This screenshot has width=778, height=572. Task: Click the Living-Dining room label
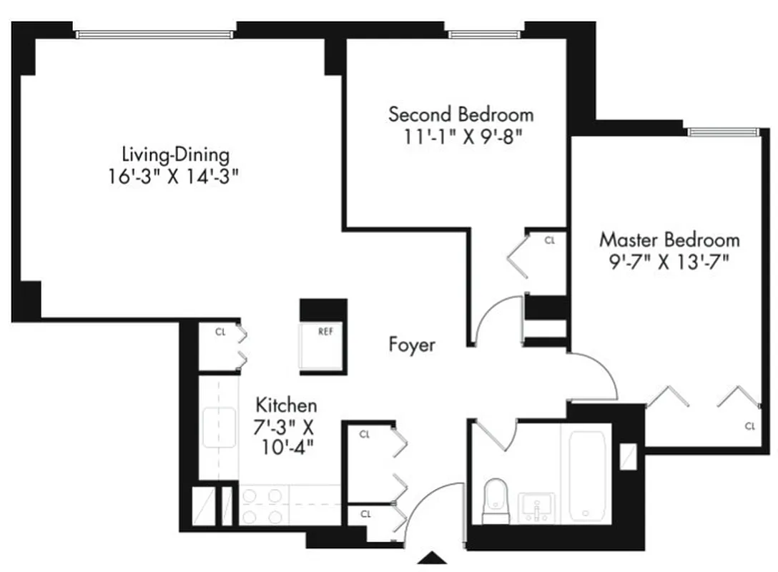coord(175,154)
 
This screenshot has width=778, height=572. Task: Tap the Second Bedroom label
coord(461,114)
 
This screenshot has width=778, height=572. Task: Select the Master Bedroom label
coord(669,239)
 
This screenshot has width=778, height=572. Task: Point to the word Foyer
coord(412,345)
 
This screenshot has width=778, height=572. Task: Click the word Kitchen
coord(286,405)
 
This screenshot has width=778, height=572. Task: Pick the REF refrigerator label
coord(325,331)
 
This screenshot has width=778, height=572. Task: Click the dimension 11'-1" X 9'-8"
coord(461,136)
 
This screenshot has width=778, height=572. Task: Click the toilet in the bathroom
coord(494,500)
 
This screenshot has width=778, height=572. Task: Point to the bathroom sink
coord(535,507)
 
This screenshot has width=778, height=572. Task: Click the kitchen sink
coord(218,427)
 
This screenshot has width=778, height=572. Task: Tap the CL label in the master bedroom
coord(749,426)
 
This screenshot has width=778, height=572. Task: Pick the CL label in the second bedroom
coord(549,241)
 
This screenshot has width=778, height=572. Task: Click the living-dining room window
coord(154,34)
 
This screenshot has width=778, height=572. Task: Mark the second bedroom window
coord(486,33)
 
